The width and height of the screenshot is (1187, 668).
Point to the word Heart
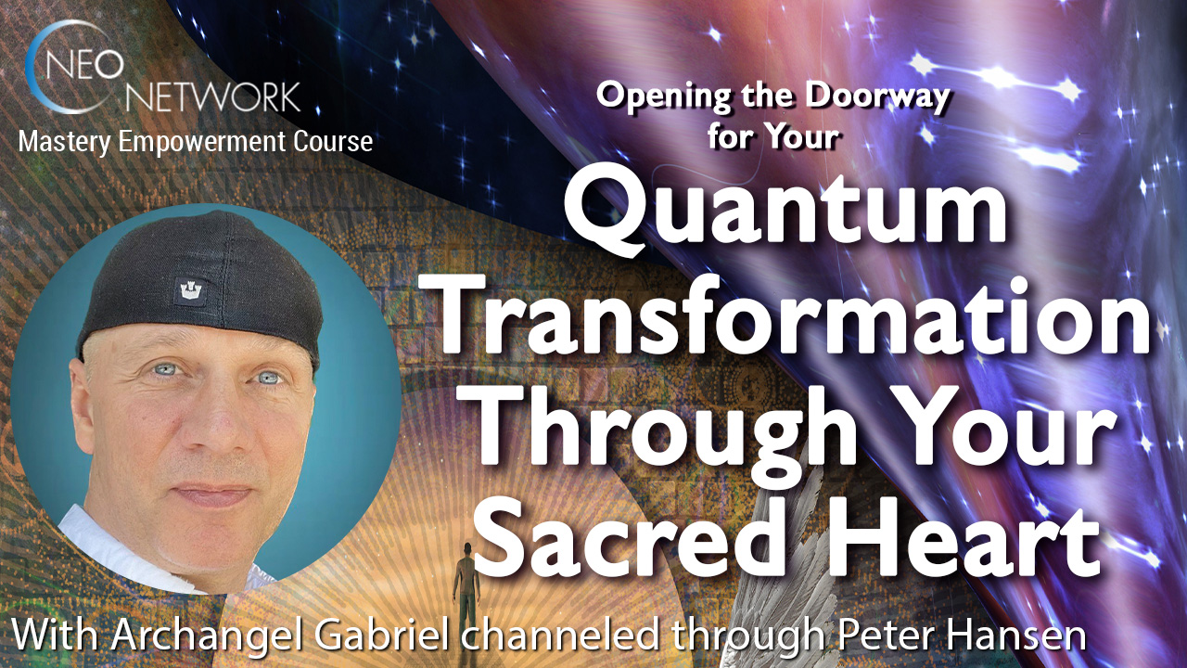955,538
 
